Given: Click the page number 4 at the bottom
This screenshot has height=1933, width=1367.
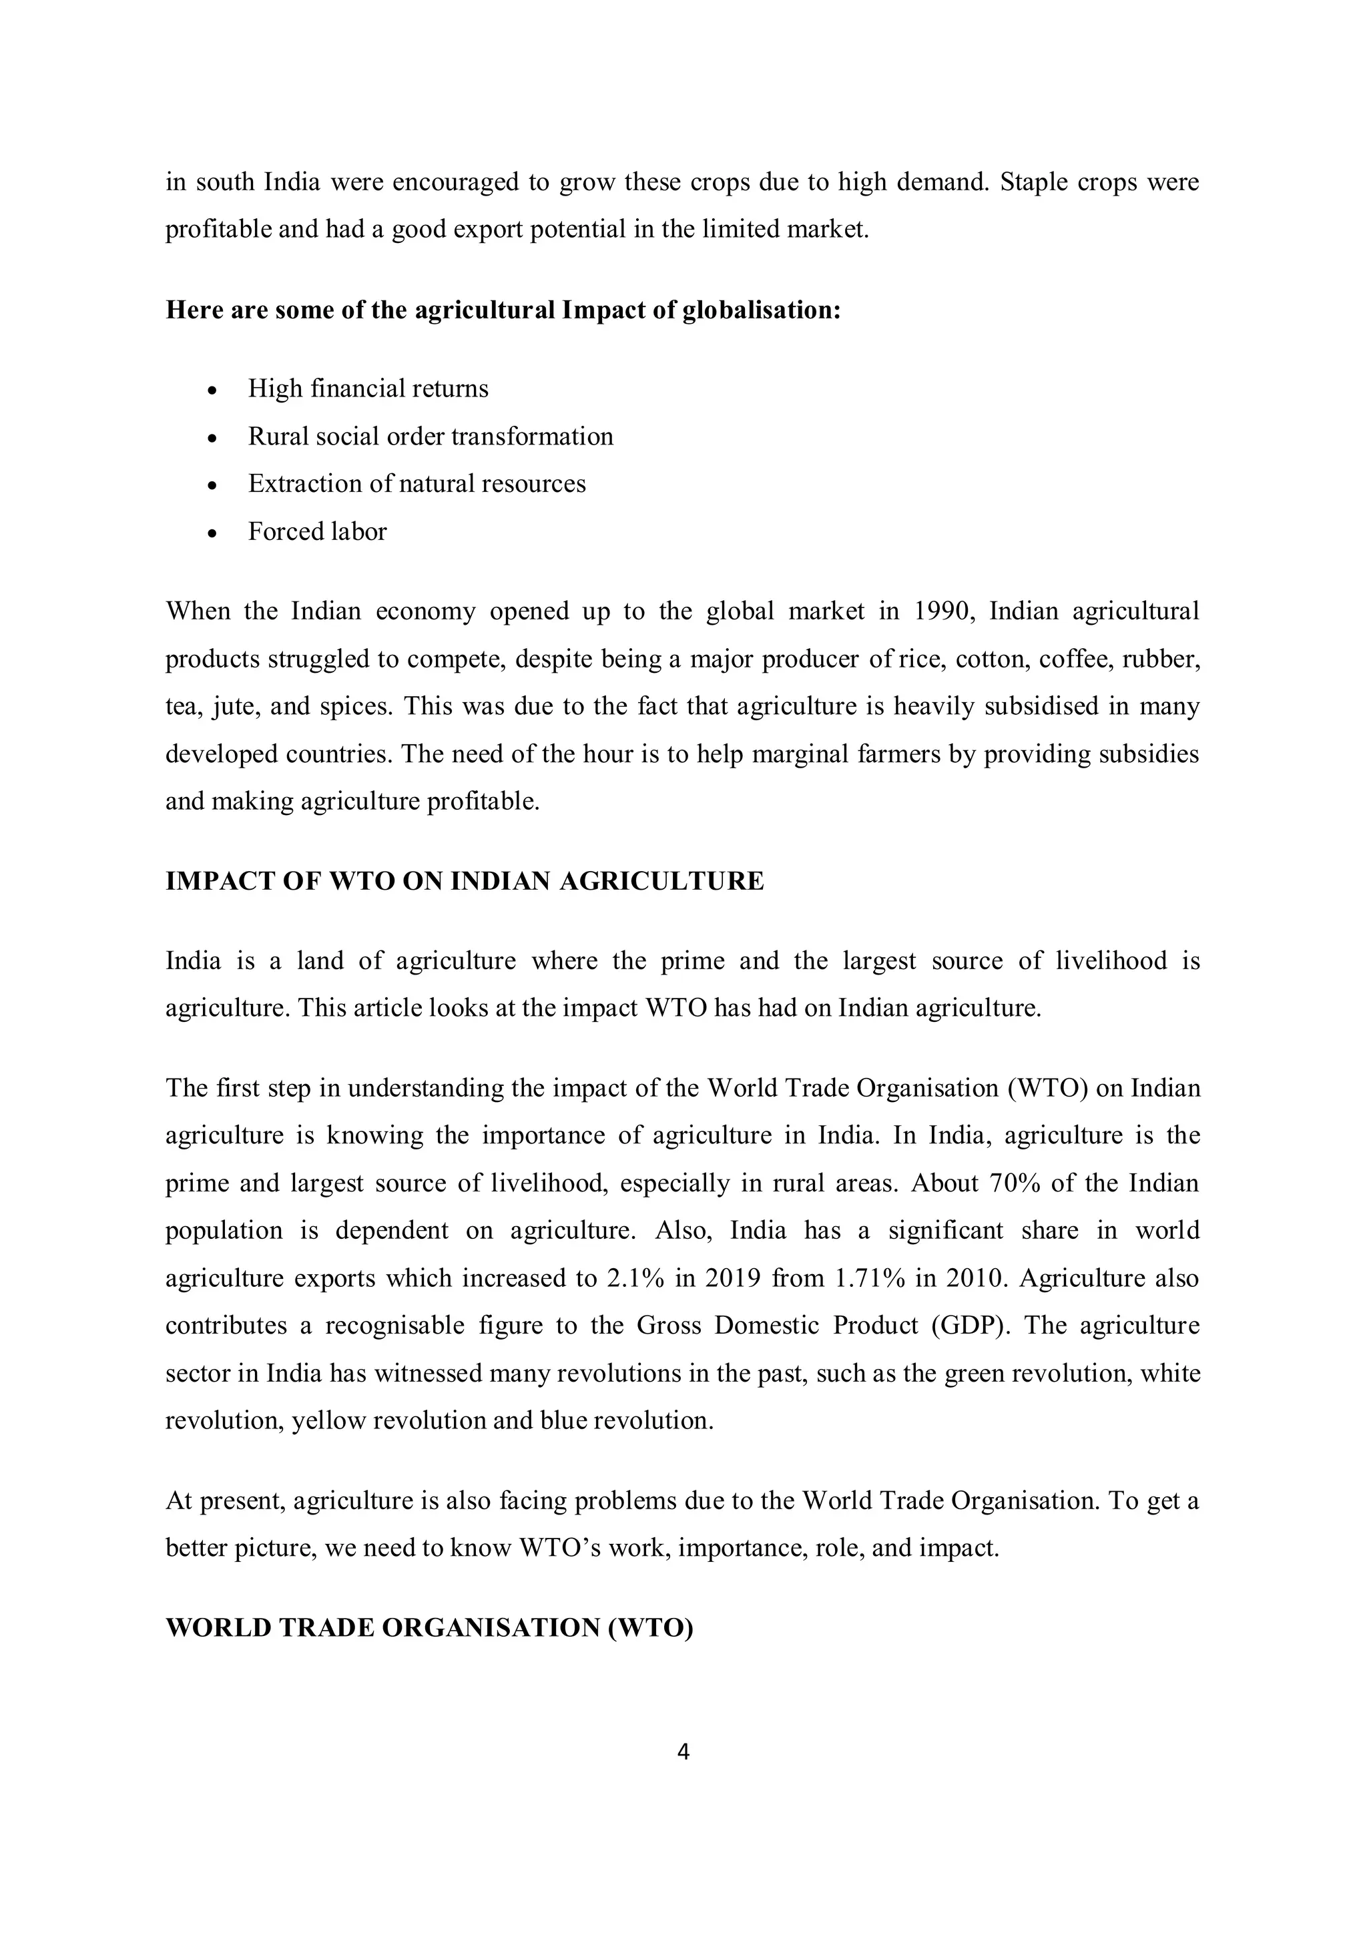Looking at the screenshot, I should point(683,1752).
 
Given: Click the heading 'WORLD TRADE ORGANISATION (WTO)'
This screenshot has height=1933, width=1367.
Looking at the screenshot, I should point(429,1628).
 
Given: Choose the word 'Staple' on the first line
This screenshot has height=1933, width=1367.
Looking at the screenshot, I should point(1032,182).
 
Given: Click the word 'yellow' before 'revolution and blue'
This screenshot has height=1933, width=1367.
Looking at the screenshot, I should point(328,1421).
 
